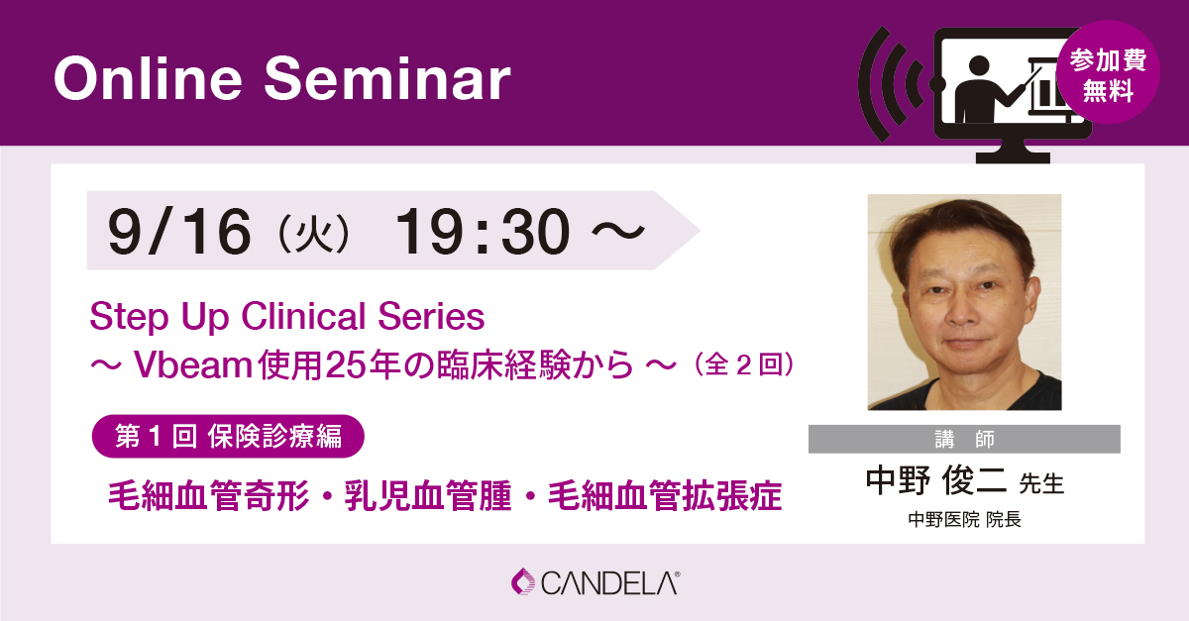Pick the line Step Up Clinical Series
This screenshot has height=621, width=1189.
(x=286, y=317)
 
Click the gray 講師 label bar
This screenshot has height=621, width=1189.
(x=963, y=439)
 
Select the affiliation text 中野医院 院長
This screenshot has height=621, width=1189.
(x=963, y=519)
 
